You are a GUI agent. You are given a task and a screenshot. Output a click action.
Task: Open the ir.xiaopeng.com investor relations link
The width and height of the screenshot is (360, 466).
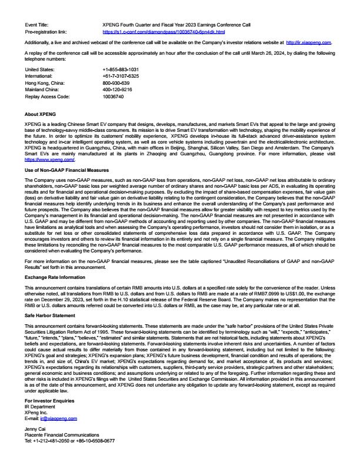pos(308,42)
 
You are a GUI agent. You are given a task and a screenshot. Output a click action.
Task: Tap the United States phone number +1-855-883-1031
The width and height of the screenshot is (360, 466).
pos(121,70)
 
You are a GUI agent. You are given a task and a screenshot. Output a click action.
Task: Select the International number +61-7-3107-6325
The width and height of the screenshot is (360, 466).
pos(121,76)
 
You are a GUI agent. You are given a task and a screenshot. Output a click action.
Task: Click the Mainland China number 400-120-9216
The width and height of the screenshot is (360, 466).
pos(117,89)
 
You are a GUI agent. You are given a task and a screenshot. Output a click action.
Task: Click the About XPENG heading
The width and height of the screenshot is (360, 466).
pos(40,114)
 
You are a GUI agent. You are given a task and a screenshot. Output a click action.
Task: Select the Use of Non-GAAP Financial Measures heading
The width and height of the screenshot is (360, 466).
pos(66,170)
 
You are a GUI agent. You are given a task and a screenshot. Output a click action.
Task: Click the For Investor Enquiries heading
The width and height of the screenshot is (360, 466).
pos(51,401)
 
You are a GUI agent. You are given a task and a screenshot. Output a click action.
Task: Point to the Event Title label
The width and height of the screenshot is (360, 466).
pos(37,25)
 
